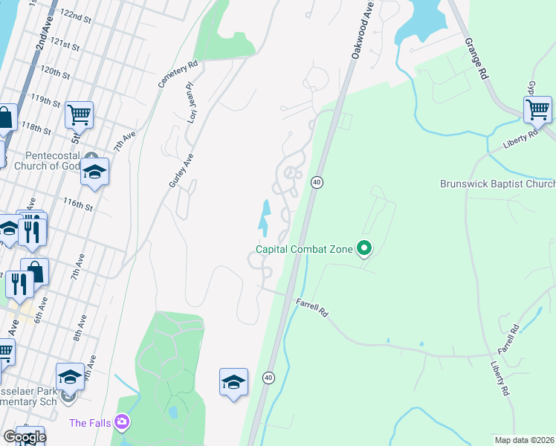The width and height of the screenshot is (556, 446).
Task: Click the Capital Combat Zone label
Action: coord(304,249)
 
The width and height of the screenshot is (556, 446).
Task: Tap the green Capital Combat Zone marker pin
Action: coord(364,248)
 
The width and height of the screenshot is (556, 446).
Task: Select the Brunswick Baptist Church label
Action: coord(497,184)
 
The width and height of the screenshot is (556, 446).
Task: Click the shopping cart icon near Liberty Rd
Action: coord(537,109)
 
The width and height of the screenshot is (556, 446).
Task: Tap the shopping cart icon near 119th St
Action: coord(79,114)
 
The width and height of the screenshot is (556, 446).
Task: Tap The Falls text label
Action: coord(89,424)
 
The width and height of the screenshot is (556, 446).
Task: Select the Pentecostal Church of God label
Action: coord(52,161)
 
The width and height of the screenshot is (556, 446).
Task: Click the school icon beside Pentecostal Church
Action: coord(94,172)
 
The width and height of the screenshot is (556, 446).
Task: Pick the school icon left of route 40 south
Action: coord(233,382)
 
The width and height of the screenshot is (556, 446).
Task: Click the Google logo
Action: coord(25,437)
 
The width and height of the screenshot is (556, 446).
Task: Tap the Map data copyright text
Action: coord(523,440)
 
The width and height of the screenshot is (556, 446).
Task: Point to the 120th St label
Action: coord(55,72)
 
